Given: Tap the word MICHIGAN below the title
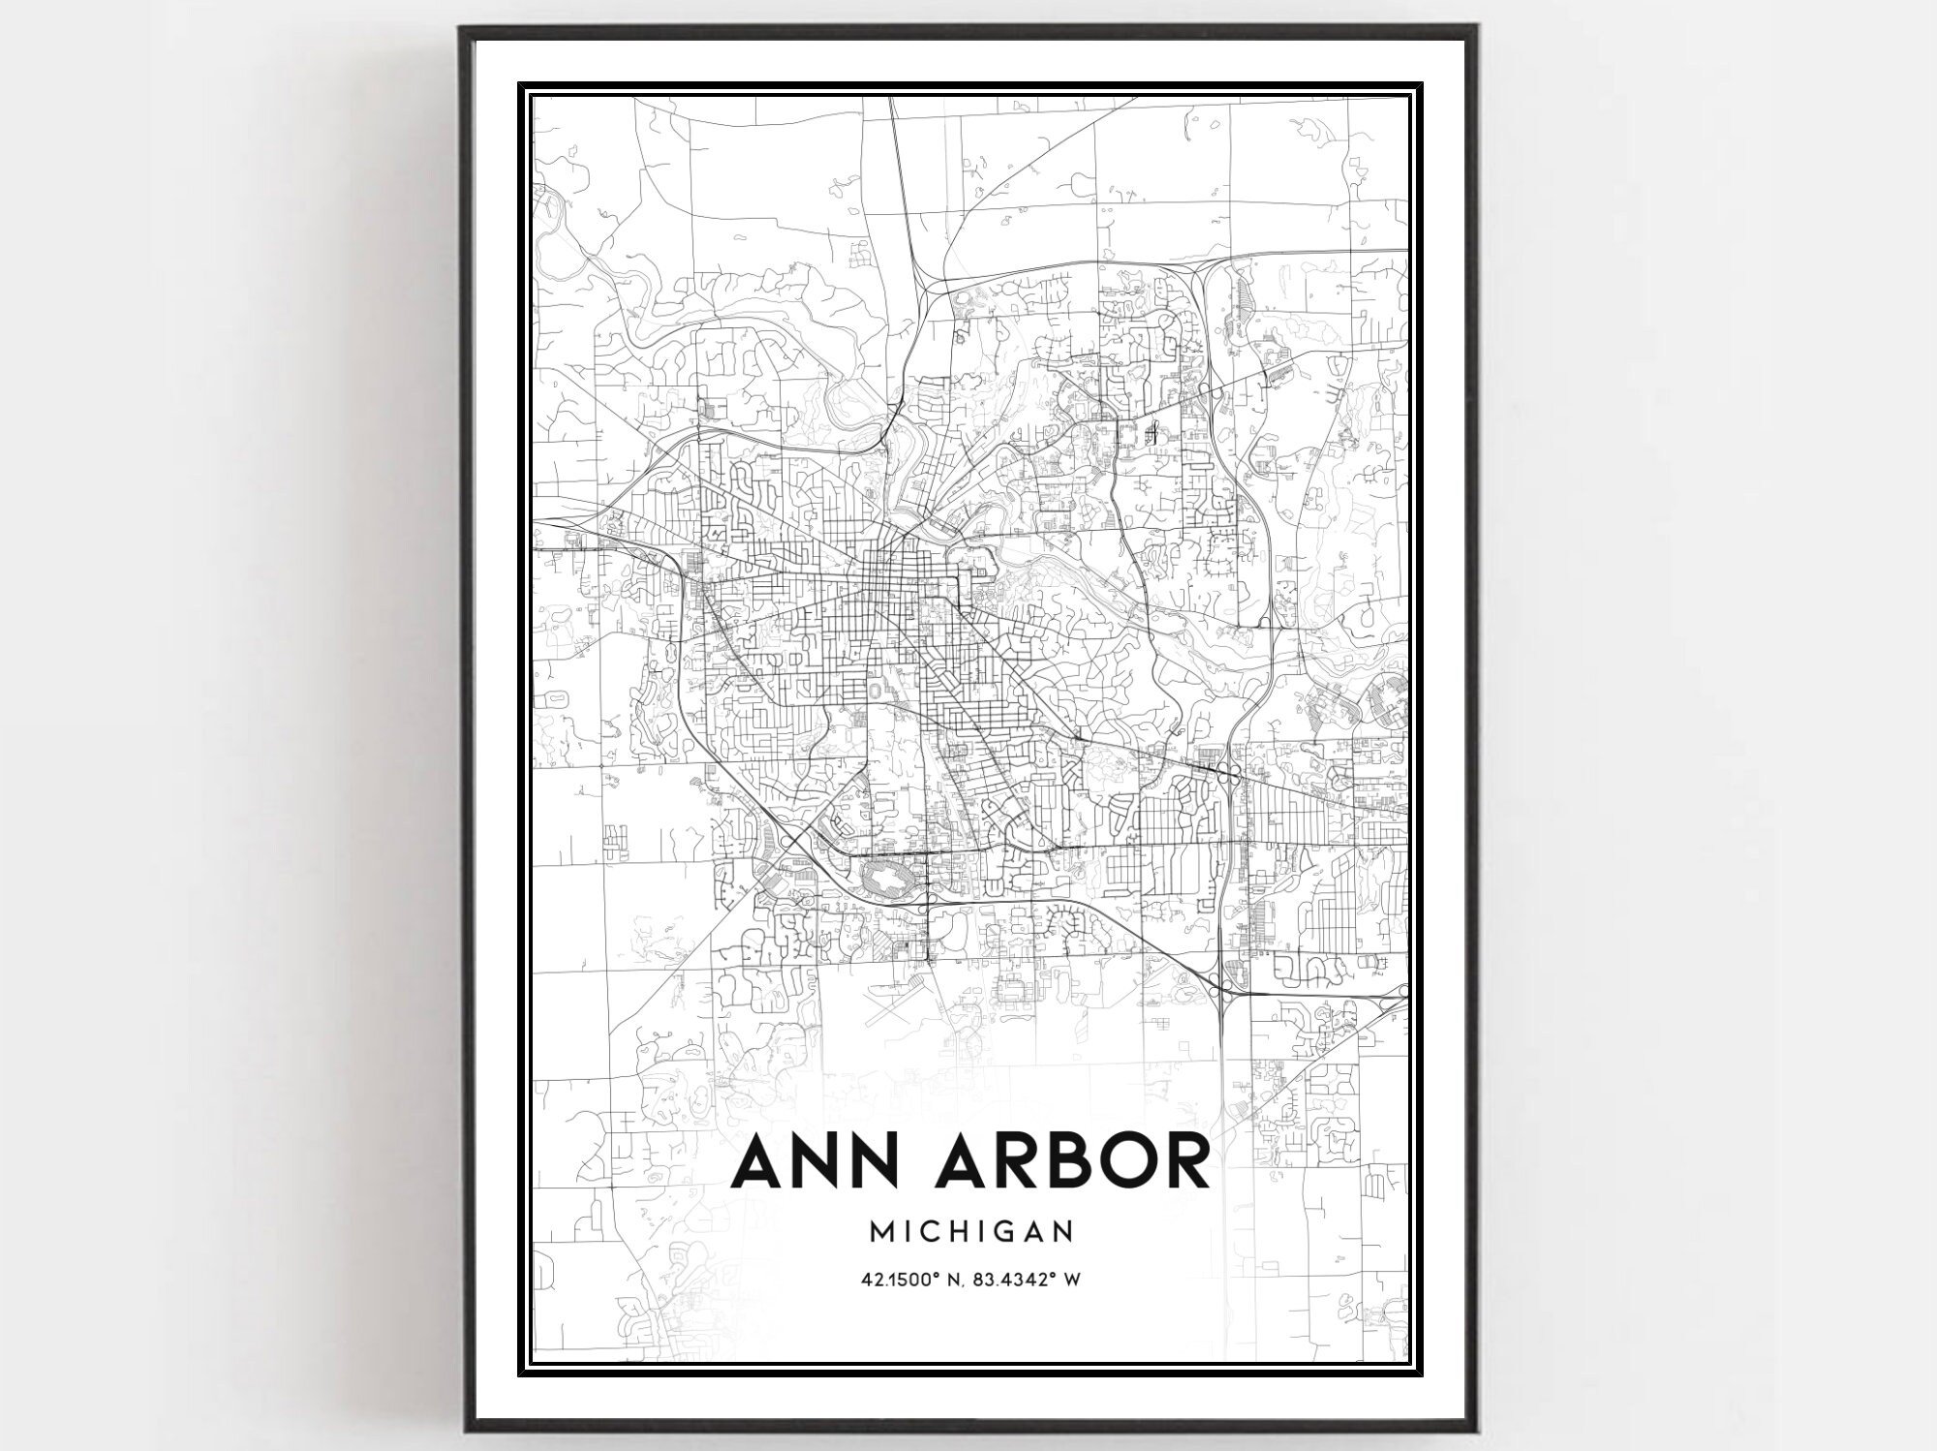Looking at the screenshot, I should coord(971,1231).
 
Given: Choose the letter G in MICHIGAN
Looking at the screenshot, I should coord(1008,1231).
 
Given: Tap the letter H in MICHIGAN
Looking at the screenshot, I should coord(959,1231).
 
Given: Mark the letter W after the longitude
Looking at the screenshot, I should coord(1071,1280).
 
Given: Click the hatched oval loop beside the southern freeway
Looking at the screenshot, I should coord(889,882).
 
